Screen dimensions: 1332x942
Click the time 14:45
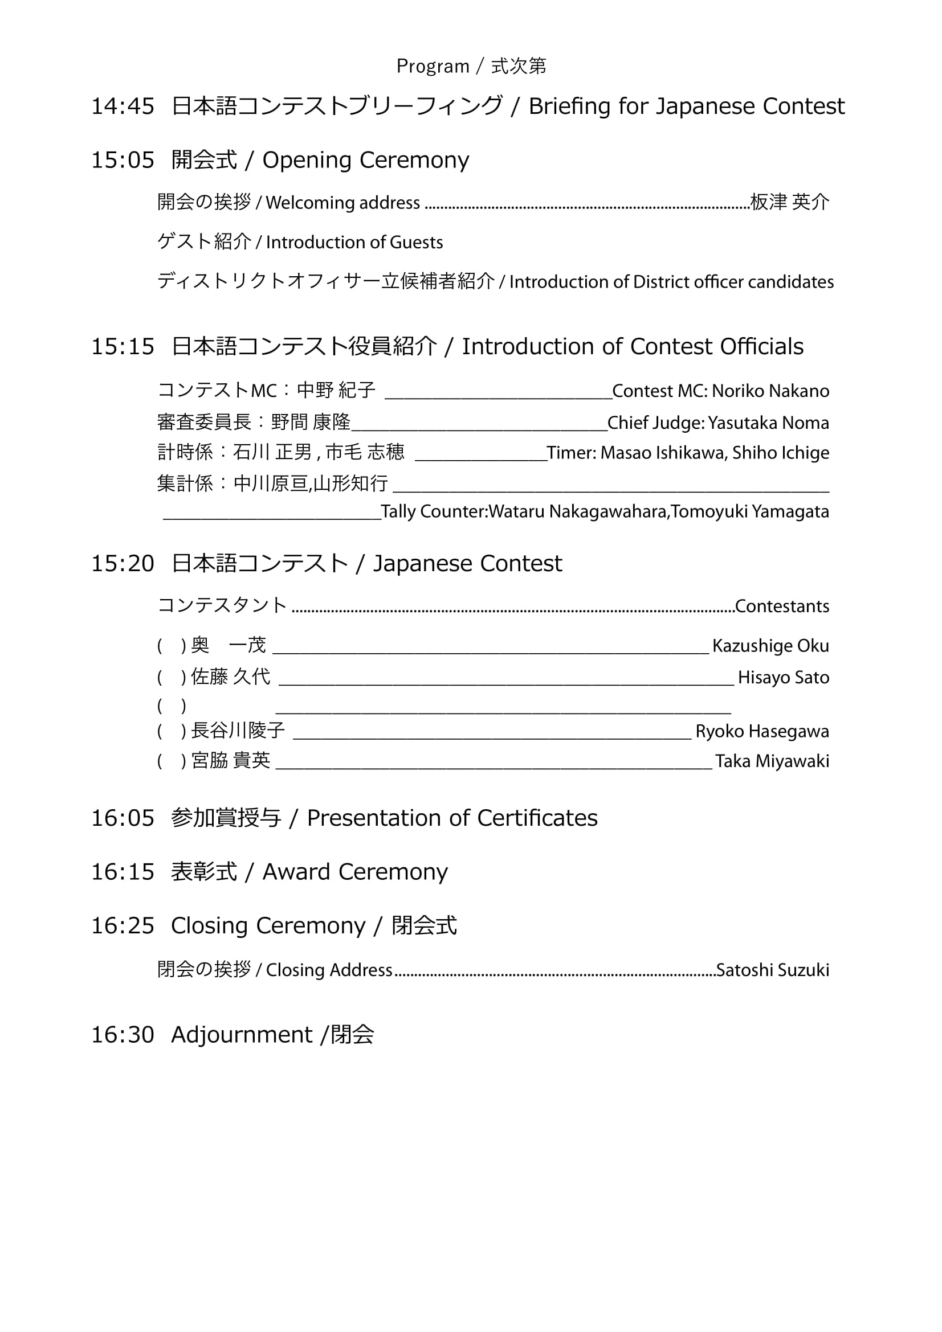pos(123,106)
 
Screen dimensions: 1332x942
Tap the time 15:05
pos(123,160)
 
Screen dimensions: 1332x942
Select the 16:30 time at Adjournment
pos(123,1035)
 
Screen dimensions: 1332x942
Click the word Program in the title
pos(433,67)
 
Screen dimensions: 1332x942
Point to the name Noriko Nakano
pos(770,391)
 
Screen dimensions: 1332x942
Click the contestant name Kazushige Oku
pos(770,646)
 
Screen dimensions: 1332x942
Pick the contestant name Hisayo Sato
pos(783,678)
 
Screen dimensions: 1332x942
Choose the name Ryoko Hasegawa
pos(762,732)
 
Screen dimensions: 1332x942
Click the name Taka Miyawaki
pos(772,761)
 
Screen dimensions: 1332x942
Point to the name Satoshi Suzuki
pos(773,970)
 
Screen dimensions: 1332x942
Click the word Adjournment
pos(242,1035)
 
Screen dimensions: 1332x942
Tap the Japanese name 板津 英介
pos(789,202)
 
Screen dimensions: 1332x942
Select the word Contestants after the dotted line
pos(782,606)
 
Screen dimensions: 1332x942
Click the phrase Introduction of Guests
pos(354,243)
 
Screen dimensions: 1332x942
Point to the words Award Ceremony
pos(354,872)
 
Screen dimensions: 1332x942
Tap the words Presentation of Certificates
pos(451,818)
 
